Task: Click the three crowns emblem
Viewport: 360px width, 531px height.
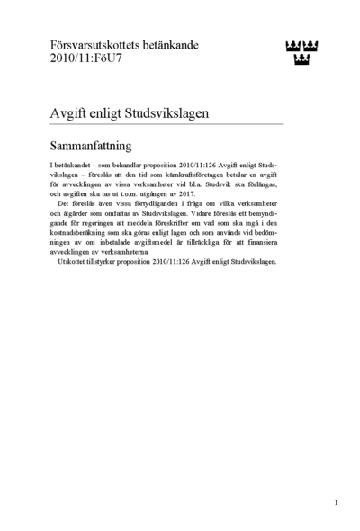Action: tap(301, 53)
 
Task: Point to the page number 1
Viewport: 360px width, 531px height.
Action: tap(336, 501)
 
